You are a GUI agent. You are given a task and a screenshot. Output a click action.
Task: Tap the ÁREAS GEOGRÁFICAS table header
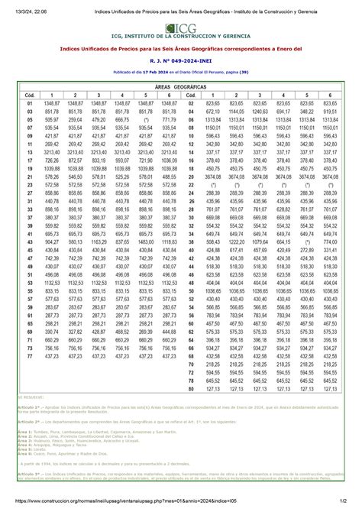(181, 86)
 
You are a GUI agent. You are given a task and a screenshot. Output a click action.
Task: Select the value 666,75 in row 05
(122, 120)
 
